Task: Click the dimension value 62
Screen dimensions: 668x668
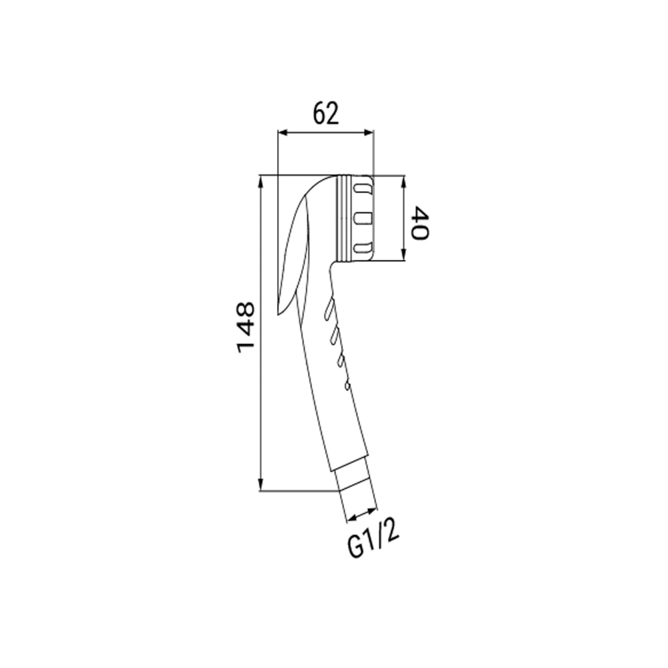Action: click(x=326, y=114)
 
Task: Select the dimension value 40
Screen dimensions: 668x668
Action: click(x=420, y=223)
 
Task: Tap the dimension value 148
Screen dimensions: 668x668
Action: click(x=246, y=327)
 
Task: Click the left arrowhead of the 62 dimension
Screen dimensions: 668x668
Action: click(x=283, y=133)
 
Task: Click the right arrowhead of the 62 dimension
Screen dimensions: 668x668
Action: click(x=369, y=133)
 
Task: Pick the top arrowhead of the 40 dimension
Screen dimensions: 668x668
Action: click(x=404, y=180)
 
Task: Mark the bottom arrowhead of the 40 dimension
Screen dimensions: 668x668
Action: click(x=404, y=255)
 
